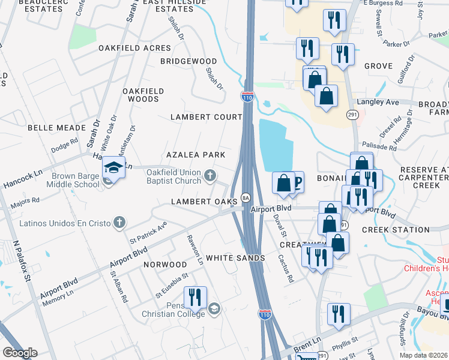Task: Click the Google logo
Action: pyautogui.click(x=20, y=353)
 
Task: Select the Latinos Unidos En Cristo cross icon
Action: pyautogui.click(x=119, y=223)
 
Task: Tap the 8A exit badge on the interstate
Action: pyautogui.click(x=245, y=197)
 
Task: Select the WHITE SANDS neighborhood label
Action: pyautogui.click(x=235, y=258)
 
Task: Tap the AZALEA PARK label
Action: pyautogui.click(x=196, y=155)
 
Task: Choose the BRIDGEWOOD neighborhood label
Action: pyautogui.click(x=188, y=62)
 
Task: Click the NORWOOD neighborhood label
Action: pyautogui.click(x=165, y=265)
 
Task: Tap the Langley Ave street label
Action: pyautogui.click(x=378, y=103)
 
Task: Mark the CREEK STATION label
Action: pyautogui.click(x=396, y=230)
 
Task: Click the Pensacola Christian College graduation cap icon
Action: pyautogui.click(x=214, y=309)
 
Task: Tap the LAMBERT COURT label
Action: pyautogui.click(x=206, y=117)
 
